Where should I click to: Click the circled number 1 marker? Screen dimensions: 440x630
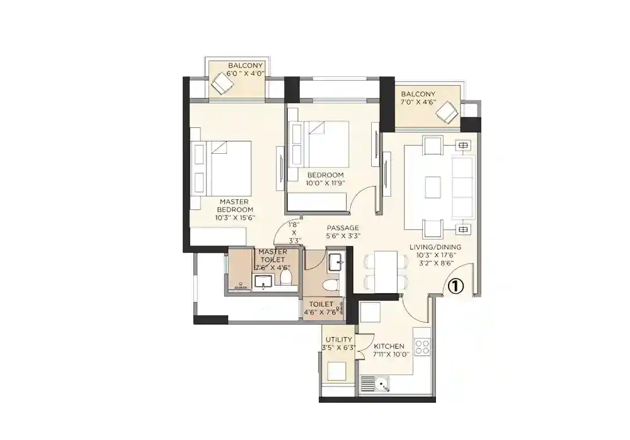[x=455, y=286]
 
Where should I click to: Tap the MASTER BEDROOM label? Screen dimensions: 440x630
[x=236, y=206]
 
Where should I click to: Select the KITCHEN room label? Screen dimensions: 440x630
[x=389, y=346]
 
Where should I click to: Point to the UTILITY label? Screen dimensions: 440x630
[x=338, y=340]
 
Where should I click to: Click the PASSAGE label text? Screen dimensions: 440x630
[x=343, y=228]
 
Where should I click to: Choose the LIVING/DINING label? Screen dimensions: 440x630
[x=439, y=246]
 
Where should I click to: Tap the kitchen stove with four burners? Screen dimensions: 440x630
[x=422, y=346]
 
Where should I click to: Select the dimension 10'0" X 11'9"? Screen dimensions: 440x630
[x=325, y=183]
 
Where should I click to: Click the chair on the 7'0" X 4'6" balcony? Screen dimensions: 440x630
[x=449, y=113]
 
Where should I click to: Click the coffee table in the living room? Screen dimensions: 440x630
[x=433, y=187]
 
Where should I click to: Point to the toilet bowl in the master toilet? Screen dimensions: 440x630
[x=287, y=275]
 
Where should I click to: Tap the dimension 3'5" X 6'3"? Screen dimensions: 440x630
[x=338, y=347]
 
